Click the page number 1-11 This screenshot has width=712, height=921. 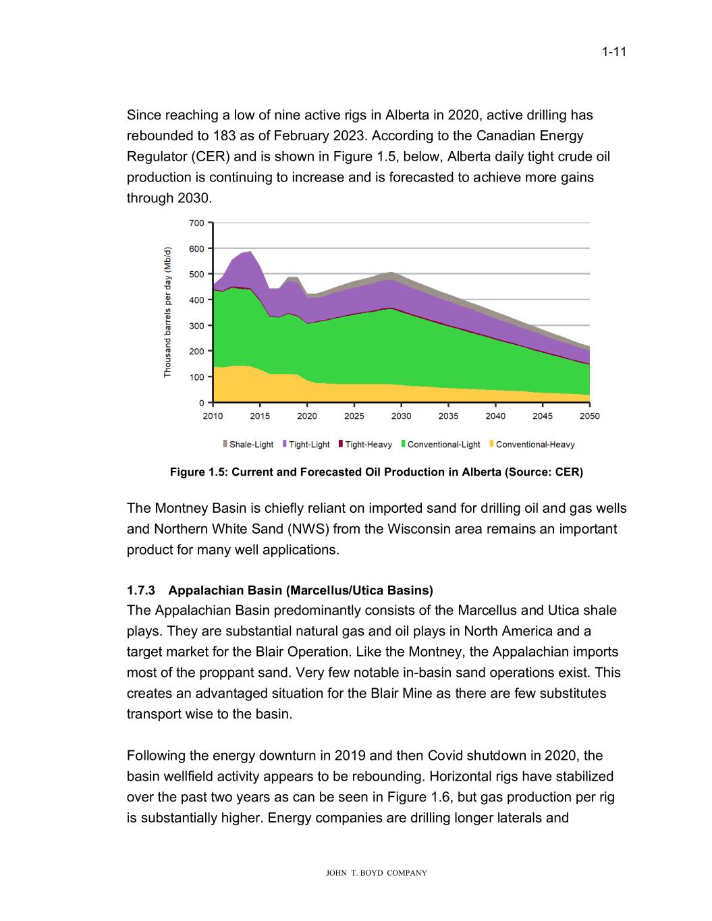tap(614, 52)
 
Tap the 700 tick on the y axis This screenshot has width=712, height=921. tap(196, 223)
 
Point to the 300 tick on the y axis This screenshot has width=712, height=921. tap(196, 326)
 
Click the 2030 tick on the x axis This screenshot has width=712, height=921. tap(401, 416)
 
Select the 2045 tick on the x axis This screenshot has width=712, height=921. tap(543, 416)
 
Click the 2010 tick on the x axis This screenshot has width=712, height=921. tap(213, 416)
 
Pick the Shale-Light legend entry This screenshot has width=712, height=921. tap(248, 445)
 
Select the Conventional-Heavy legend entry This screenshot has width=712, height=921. tap(531, 445)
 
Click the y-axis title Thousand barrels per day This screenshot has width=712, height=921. tap(168, 312)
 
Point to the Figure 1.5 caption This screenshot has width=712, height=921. tap(376, 472)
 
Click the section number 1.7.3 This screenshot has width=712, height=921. tap(141, 590)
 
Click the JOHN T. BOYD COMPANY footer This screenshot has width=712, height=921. tap(376, 873)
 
